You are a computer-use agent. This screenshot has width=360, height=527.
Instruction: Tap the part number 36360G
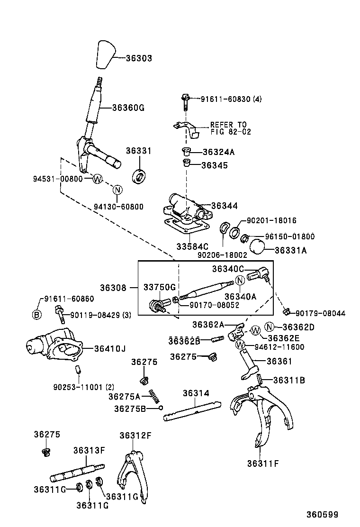(128, 108)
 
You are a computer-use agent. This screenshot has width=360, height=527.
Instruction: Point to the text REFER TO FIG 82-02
(229, 128)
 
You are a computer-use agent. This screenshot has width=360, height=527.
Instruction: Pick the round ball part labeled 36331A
(257, 246)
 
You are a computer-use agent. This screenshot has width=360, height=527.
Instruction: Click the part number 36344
(224, 206)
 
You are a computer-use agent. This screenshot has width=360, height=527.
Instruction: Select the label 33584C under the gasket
(192, 246)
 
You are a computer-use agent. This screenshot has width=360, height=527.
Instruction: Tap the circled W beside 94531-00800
(98, 179)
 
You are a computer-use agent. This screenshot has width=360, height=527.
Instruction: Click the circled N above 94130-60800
(117, 191)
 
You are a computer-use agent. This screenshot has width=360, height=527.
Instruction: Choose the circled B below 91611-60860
(36, 315)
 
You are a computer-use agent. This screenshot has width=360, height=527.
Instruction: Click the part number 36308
(113, 287)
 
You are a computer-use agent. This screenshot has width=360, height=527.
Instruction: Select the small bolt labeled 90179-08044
(286, 311)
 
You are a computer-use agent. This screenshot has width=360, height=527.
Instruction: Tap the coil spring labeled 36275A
(153, 395)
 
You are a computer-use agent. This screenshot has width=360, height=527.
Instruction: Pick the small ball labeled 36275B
(161, 408)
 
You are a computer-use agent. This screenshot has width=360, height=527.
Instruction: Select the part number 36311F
(262, 463)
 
